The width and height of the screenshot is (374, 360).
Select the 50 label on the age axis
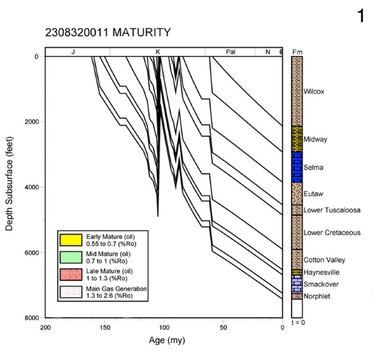point(223,327)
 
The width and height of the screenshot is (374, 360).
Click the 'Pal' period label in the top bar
point(231,52)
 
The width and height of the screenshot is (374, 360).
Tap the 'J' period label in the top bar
point(73,52)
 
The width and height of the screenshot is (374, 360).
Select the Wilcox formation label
point(314,92)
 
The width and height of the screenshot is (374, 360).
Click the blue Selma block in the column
point(297,167)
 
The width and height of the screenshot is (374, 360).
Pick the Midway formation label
point(316,139)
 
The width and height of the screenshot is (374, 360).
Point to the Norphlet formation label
point(317,296)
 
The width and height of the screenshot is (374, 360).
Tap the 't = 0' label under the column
point(297,323)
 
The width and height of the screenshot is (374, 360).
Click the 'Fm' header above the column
point(297,52)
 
